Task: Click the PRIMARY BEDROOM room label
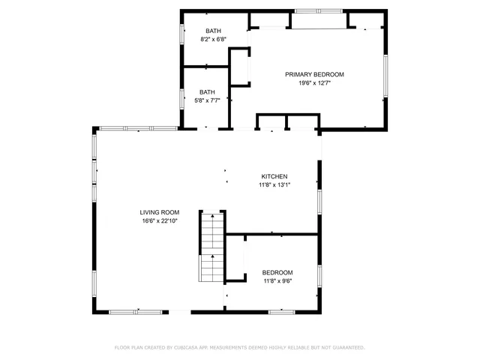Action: pos(314,74)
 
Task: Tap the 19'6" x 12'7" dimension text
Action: pos(314,83)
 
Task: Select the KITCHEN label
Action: pos(274,176)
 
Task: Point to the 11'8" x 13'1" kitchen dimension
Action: pos(274,185)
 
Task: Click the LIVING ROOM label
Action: pos(160,212)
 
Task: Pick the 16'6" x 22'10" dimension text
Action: pos(160,221)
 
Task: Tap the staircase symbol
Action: pos(212,246)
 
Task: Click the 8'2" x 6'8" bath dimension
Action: pos(213,39)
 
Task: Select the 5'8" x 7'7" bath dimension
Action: pos(207,100)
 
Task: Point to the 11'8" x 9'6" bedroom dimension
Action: pos(277,281)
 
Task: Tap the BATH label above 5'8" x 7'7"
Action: pos(207,91)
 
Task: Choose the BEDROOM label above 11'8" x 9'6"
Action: pos(277,272)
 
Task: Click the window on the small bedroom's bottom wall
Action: pos(281,311)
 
